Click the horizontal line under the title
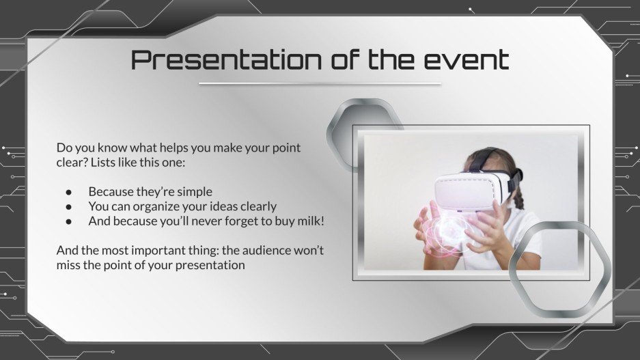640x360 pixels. [x=320, y=84]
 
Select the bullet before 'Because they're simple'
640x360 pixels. [x=68, y=192]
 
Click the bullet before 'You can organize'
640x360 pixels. [x=68, y=206]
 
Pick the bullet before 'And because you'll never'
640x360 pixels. [x=68, y=221]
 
